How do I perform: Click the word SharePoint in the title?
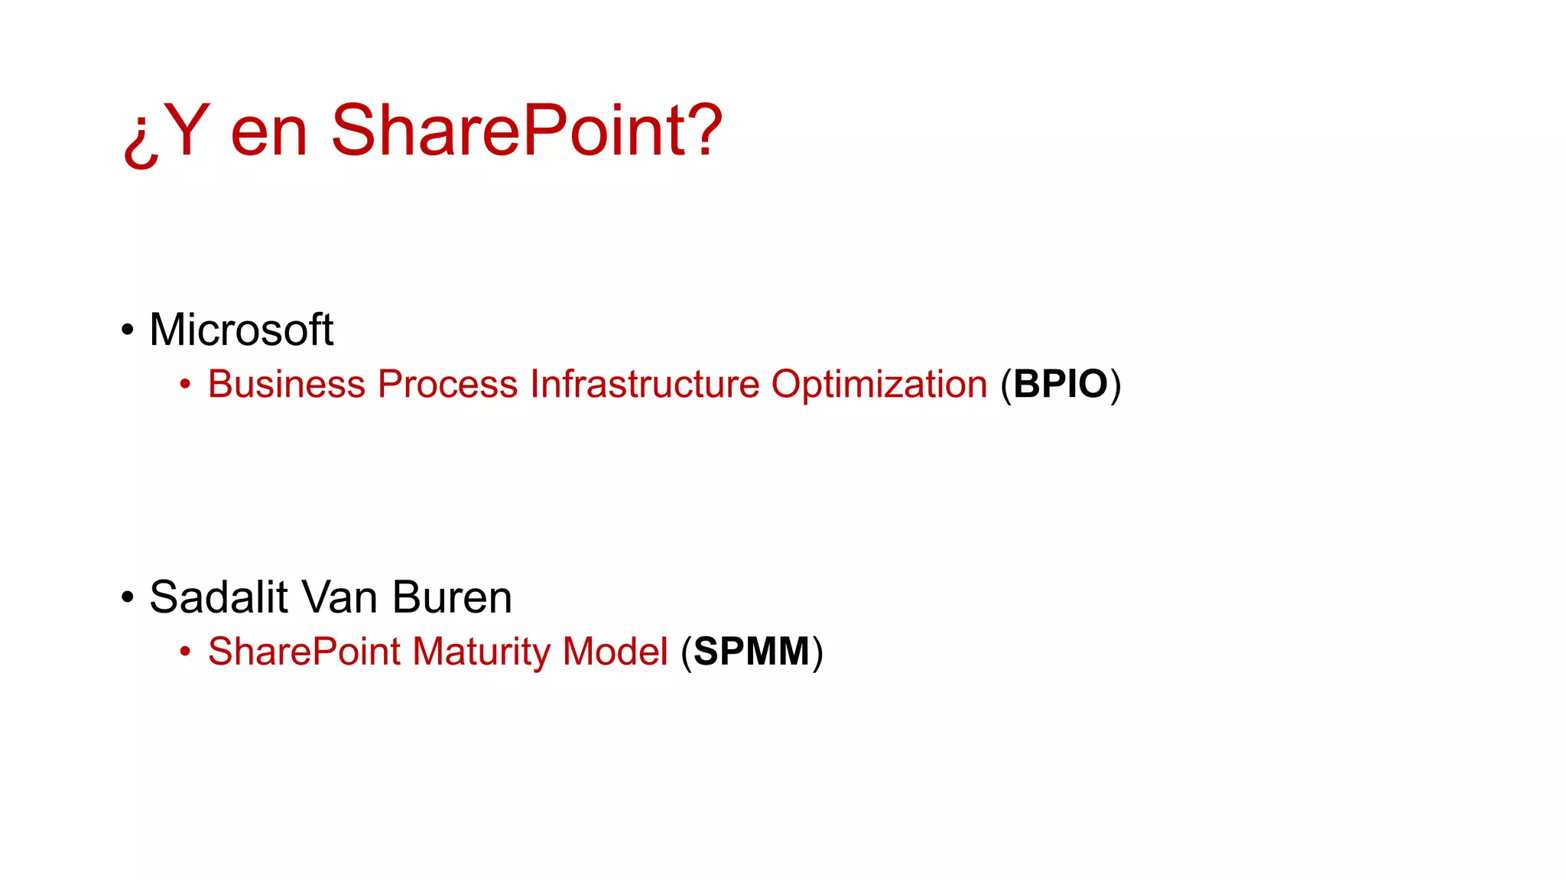[x=508, y=132]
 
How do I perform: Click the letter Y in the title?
[x=186, y=130]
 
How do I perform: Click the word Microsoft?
[x=241, y=330]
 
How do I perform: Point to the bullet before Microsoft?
[x=128, y=330]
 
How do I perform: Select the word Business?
[x=287, y=384]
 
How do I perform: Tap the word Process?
[x=447, y=384]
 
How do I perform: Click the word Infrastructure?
[x=645, y=384]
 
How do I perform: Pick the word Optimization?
[x=879, y=384]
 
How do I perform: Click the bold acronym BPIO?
[x=1061, y=384]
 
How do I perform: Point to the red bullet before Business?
[x=185, y=385]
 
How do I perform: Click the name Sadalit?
[x=219, y=597]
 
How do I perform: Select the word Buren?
[x=452, y=597]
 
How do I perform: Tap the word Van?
[x=340, y=597]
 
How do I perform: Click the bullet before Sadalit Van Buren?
[x=128, y=597]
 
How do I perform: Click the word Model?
[x=616, y=652]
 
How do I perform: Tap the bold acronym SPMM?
[x=752, y=652]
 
